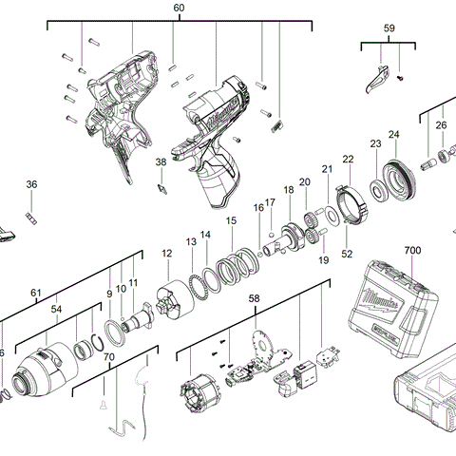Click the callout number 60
[179, 8]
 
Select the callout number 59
[389, 29]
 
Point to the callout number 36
[31, 184]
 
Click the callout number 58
[254, 298]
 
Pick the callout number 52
[347, 254]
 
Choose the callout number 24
[393, 134]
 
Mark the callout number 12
[166, 253]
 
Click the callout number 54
[56, 310]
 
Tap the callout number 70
[108, 357]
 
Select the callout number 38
[161, 162]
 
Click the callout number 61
[36, 292]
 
